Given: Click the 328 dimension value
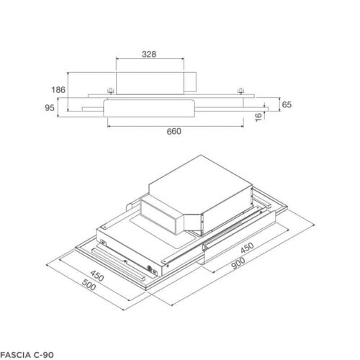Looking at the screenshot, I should [x=149, y=54].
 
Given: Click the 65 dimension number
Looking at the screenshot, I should [x=286, y=105].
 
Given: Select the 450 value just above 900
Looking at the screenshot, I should [x=246, y=251].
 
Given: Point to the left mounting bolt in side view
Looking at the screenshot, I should [x=110, y=90].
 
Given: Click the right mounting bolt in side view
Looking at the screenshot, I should [x=240, y=90].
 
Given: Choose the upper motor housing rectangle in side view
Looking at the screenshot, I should [x=149, y=81].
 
